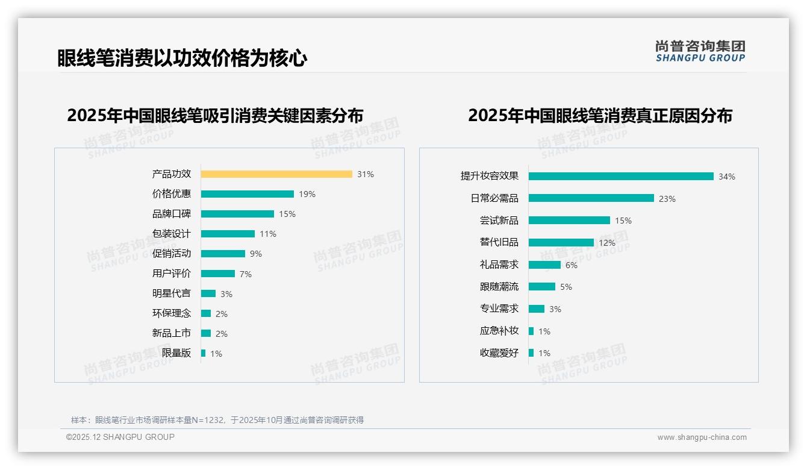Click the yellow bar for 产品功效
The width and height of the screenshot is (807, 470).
click(276, 174)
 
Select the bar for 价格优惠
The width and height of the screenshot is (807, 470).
click(248, 194)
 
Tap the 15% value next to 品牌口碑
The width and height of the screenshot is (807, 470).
click(287, 214)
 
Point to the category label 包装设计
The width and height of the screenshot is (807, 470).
click(172, 234)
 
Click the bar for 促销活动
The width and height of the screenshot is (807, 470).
click(223, 254)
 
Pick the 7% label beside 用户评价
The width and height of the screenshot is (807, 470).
click(246, 274)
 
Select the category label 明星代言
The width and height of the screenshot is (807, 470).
click(172, 293)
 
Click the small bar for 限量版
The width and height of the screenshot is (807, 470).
click(204, 353)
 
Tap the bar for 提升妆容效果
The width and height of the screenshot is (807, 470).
click(621, 177)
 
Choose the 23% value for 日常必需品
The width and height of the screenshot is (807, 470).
click(667, 199)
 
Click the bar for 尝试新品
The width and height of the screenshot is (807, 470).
click(569, 221)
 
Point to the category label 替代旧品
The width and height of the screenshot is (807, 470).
click(499, 242)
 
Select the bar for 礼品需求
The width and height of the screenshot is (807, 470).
click(545, 265)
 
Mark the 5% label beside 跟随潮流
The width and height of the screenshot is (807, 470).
click(566, 287)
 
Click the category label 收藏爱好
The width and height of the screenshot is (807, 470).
click(499, 353)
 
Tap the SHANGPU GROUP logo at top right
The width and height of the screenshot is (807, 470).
click(700, 51)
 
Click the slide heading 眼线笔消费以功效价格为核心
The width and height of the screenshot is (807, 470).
click(182, 58)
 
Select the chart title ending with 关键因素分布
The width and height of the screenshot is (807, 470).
click(215, 115)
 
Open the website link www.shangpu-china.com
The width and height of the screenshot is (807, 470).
click(702, 437)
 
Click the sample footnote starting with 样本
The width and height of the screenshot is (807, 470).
click(217, 420)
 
